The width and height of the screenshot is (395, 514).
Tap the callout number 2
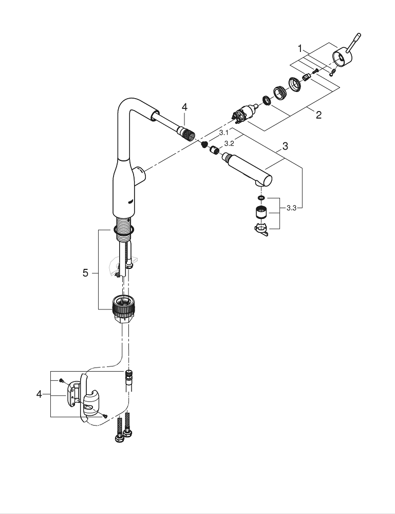(318, 115)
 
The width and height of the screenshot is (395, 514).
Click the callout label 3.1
(223, 132)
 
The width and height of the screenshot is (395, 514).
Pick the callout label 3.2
(230, 143)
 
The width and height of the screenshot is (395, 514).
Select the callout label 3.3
(291, 208)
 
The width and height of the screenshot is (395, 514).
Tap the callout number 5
(86, 273)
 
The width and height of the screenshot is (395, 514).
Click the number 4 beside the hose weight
(39, 394)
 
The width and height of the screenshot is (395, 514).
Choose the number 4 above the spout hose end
(184, 107)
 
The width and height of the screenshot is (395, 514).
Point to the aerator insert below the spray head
(261, 212)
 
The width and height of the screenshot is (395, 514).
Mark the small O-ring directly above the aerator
(261, 197)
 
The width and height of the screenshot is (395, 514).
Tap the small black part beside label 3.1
(204, 144)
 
